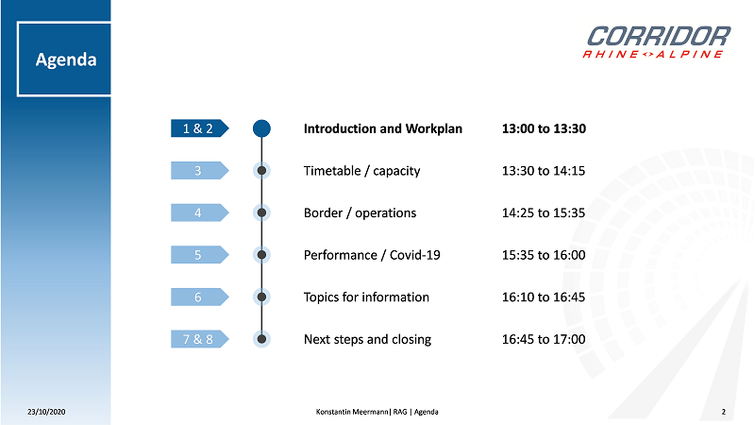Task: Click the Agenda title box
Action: tap(64, 59)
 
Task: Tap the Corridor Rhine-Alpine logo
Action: tap(656, 42)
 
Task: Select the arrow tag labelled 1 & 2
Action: tap(200, 128)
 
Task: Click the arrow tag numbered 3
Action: tap(200, 171)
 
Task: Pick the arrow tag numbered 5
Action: tap(200, 255)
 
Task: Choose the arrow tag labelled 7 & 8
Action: tap(200, 339)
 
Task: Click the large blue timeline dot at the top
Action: tap(261, 128)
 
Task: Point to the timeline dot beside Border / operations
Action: tap(261, 212)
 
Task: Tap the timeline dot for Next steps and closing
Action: tap(261, 339)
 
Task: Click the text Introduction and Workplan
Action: tap(383, 128)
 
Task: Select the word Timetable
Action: tap(332, 171)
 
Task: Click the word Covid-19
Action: tap(415, 255)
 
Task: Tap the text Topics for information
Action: tap(366, 297)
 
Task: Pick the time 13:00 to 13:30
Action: tap(544, 128)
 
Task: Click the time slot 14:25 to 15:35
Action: tap(544, 213)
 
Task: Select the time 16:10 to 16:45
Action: tap(544, 297)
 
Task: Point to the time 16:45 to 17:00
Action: tap(544, 339)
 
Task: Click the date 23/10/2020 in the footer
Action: tap(46, 412)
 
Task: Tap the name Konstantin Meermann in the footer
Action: tap(352, 412)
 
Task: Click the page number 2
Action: tap(723, 412)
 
